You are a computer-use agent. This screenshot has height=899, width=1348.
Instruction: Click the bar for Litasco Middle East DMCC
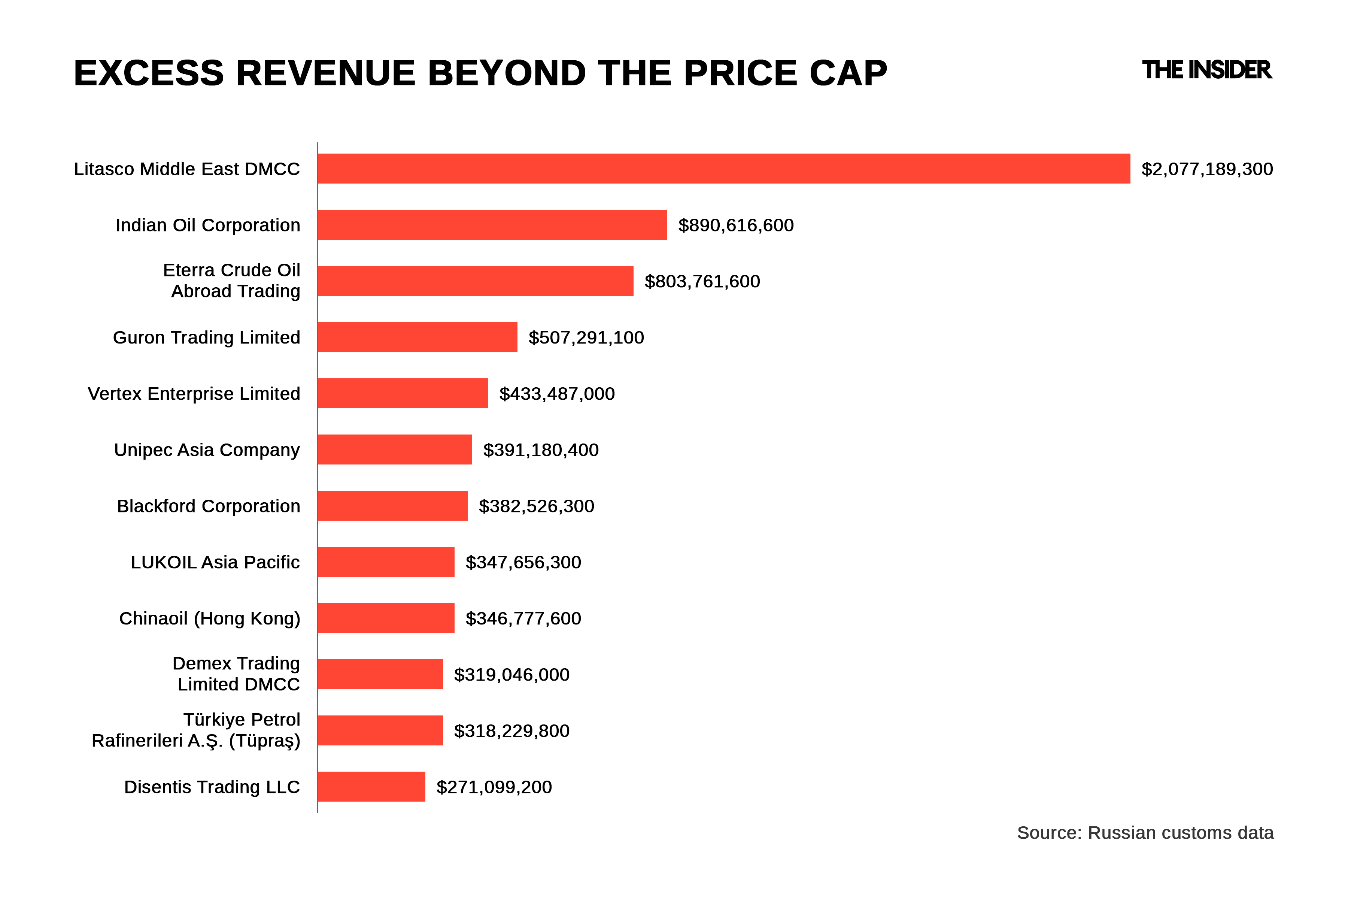click(723, 169)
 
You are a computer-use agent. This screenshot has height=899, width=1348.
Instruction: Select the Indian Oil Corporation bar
click(492, 225)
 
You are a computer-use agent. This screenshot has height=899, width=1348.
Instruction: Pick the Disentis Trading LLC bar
click(371, 787)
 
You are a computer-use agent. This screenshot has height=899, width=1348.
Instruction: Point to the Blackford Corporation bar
click(392, 506)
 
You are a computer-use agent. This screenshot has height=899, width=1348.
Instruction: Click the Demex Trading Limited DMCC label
click(237, 674)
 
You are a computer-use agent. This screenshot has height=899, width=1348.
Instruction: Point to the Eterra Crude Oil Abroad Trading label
click(232, 280)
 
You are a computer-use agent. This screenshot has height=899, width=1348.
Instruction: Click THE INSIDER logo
click(1206, 70)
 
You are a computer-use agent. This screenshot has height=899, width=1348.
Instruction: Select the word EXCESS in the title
click(148, 73)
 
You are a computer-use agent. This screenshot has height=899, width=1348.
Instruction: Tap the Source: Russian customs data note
click(1145, 832)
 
